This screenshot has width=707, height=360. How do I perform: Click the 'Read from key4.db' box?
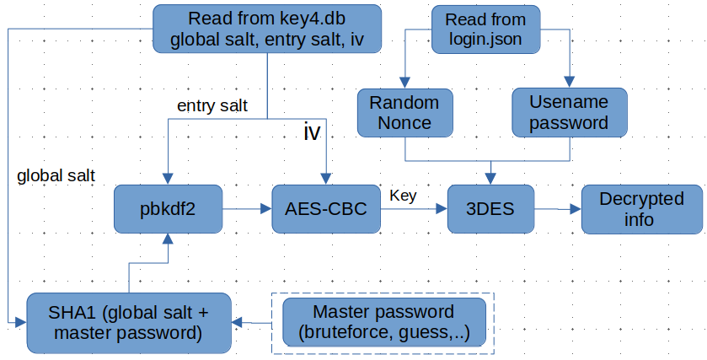click(x=267, y=29)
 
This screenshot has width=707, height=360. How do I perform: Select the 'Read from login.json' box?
click(x=485, y=30)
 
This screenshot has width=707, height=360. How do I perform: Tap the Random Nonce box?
click(x=404, y=113)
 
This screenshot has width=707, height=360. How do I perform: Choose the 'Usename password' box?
click(x=569, y=112)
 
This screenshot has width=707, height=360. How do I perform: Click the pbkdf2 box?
click(x=168, y=209)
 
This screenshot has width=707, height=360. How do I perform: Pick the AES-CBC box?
click(x=326, y=209)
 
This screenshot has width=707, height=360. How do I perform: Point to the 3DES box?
click(x=490, y=209)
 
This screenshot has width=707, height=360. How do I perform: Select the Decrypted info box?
click(x=641, y=209)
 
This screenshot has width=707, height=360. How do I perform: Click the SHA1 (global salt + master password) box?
click(x=129, y=323)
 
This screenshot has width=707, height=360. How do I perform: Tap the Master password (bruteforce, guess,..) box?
click(x=384, y=322)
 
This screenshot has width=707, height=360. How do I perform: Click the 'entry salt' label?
click(x=212, y=105)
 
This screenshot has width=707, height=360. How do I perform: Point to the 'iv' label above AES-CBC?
click(x=312, y=132)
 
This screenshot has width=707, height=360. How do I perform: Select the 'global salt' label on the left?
click(x=56, y=175)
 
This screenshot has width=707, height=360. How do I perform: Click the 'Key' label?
click(x=403, y=196)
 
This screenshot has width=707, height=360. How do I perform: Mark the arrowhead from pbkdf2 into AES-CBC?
click(x=266, y=209)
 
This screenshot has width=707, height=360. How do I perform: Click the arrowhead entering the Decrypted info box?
click(x=576, y=209)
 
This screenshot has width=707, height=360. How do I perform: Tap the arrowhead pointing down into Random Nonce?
click(x=404, y=82)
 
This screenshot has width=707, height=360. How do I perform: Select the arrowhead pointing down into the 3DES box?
click(x=490, y=179)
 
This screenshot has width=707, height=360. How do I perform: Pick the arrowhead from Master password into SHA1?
click(x=237, y=323)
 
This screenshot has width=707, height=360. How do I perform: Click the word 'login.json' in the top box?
click(x=485, y=40)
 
